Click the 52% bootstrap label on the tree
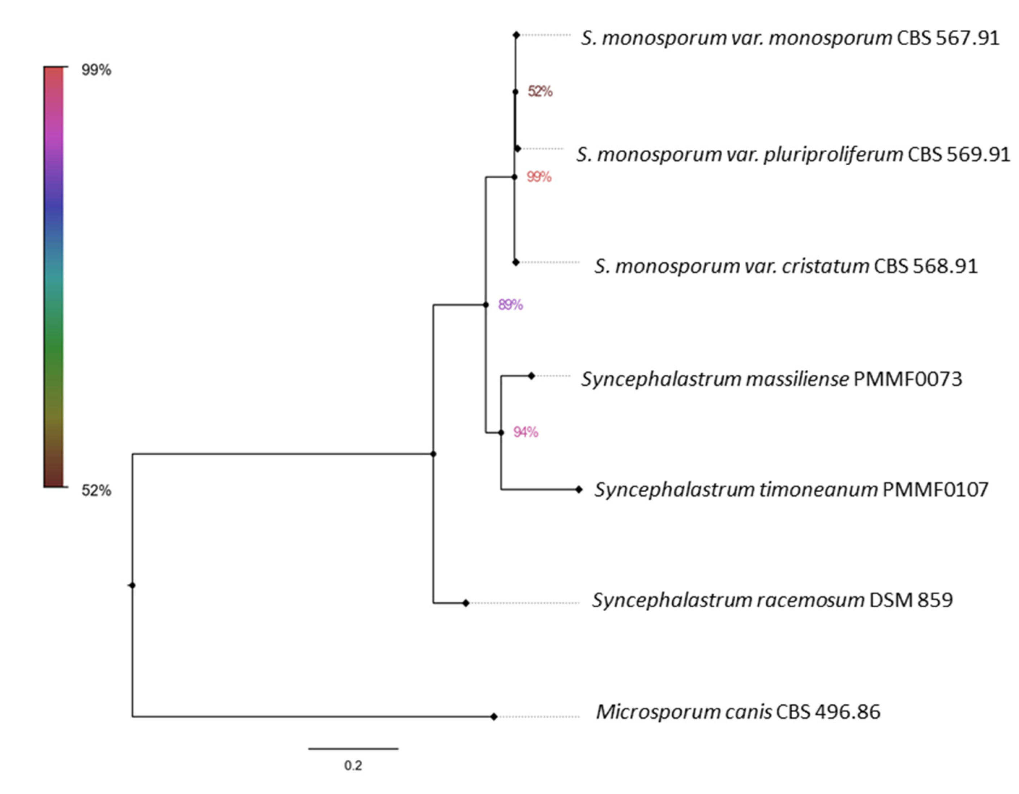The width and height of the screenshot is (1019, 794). coord(540,92)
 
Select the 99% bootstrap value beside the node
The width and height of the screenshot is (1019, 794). coord(539,177)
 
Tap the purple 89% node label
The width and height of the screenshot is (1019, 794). coord(510,305)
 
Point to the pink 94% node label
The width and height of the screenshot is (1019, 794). coord(525,432)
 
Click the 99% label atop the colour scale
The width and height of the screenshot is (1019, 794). coord(96,70)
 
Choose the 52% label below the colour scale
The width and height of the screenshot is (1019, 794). coord(96,491)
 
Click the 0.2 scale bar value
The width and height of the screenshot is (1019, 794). coord(353,765)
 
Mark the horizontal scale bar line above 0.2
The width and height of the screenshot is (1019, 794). coord(353,749)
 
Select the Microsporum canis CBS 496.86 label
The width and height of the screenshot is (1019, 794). coord(738,712)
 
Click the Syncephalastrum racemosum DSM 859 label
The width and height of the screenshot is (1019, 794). coord(772,600)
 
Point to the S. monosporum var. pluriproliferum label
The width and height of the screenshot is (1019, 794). coord(793,154)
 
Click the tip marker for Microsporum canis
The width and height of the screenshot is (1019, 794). coord(494,717)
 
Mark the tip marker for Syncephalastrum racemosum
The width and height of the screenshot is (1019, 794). coord(466,603)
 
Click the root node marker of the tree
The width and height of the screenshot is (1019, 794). coord(133,585)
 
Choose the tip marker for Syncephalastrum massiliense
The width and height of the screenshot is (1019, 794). coord(531,375)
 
